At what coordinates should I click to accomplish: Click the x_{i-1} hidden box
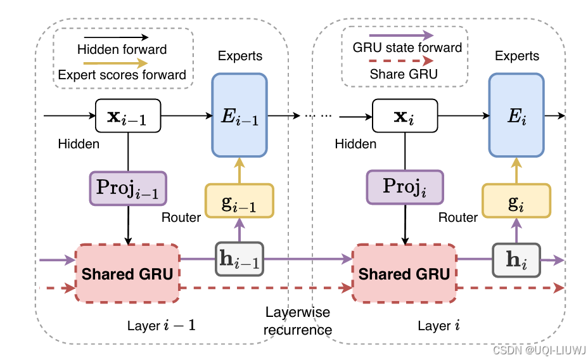[x=128, y=116]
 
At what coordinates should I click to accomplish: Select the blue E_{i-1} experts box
[x=240, y=115]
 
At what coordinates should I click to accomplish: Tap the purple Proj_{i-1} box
[x=128, y=188]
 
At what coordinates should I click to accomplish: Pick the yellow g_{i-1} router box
[x=240, y=201]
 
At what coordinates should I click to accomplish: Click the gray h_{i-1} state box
[x=240, y=259]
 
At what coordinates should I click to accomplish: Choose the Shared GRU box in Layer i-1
[x=127, y=273]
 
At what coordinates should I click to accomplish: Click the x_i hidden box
[x=405, y=116]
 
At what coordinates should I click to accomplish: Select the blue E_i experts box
[x=516, y=115]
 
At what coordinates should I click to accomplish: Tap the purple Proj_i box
[x=405, y=187]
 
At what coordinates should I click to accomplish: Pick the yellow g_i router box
[x=516, y=201]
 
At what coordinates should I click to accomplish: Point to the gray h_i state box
[x=516, y=260]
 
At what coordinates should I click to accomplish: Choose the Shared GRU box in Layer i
[x=404, y=273]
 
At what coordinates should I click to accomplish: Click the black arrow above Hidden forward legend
[x=116, y=37]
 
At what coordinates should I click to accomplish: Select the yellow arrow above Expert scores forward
[x=115, y=63]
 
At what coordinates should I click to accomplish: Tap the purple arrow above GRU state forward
[x=401, y=35]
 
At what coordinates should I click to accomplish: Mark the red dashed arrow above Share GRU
[x=401, y=60]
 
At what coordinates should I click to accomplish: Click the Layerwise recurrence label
[x=298, y=321]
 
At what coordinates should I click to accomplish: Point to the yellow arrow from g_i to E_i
[x=516, y=170]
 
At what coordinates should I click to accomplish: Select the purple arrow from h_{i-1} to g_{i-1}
[x=240, y=230]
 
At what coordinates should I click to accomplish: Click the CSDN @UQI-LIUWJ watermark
[x=539, y=350]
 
